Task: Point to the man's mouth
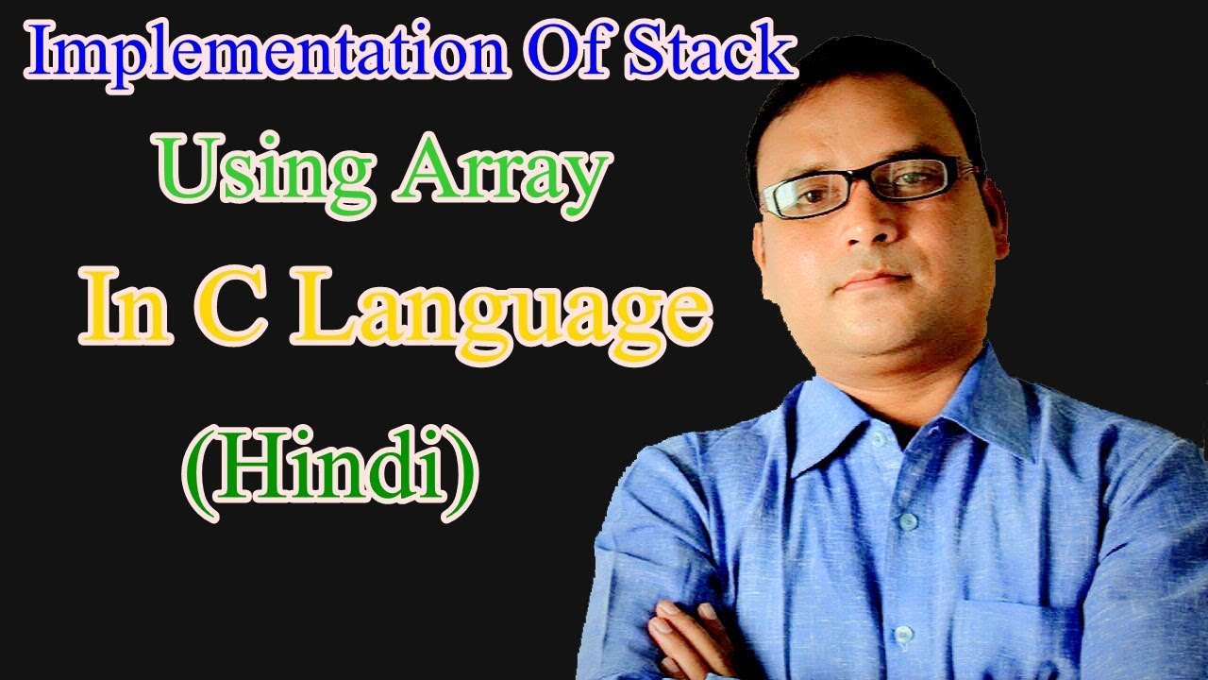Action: (x=873, y=280)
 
